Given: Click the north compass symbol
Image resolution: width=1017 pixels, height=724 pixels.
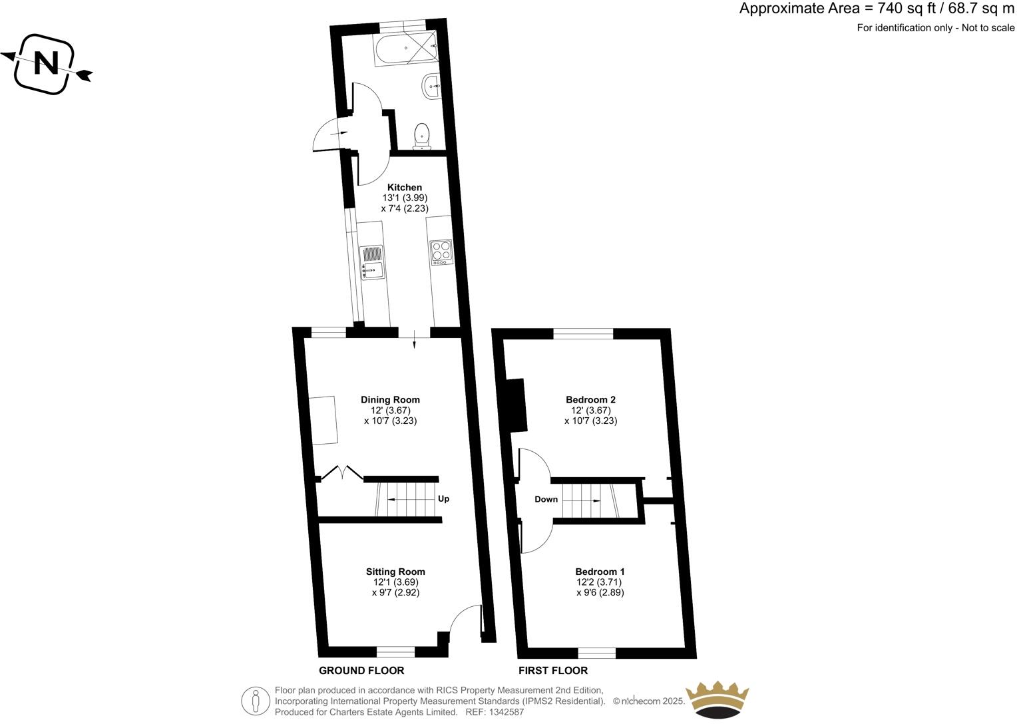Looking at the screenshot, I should (x=45, y=64).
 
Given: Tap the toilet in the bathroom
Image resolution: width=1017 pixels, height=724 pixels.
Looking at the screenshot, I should (x=422, y=135).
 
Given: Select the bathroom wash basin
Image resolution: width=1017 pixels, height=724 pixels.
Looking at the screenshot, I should (x=430, y=86).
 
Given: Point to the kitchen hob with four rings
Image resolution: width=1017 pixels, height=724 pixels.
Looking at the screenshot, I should (x=441, y=252).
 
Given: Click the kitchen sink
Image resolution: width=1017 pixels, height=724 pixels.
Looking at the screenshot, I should (x=371, y=262).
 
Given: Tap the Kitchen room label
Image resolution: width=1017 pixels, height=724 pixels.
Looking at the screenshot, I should (x=405, y=188).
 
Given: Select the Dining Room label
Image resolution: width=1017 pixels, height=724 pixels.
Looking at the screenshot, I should (x=390, y=400).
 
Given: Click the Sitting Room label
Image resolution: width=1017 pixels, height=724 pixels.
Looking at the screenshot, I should (x=395, y=572).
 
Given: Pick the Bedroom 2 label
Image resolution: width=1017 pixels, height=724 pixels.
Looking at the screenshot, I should (x=590, y=400).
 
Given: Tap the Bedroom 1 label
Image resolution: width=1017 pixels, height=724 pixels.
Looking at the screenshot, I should (x=600, y=572).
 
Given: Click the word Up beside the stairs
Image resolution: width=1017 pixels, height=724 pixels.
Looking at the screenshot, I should (x=443, y=499).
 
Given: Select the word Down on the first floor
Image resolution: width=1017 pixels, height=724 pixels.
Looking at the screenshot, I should (x=546, y=499).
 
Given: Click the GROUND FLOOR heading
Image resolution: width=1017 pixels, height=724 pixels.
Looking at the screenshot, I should (x=361, y=670).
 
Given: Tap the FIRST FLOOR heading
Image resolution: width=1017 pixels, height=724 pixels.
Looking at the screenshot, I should (x=553, y=670).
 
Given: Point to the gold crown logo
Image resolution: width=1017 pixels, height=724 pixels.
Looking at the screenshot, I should (x=717, y=700).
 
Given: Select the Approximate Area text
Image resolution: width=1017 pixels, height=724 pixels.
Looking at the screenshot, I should (x=877, y=9).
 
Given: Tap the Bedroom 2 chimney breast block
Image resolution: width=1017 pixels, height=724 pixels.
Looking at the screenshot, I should (x=516, y=405).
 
